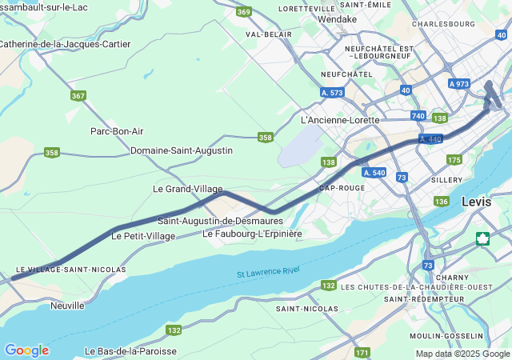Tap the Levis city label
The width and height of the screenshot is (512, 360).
[x=477, y=202]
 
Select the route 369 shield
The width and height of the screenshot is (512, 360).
[x=244, y=11]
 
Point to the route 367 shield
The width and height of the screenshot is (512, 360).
[x=78, y=96]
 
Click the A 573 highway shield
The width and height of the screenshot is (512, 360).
[x=331, y=93]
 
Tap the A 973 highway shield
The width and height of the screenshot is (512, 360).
[x=459, y=84]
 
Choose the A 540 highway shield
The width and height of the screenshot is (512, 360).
[x=374, y=172]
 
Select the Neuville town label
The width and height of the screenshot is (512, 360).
[x=67, y=306]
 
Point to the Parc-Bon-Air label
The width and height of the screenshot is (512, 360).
[x=117, y=131]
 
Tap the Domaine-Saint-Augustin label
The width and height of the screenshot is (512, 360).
[x=182, y=150]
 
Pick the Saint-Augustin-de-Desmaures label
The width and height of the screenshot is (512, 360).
[x=220, y=221]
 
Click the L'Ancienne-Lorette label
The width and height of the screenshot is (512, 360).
[x=340, y=120]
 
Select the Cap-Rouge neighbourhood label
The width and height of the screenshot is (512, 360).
[x=342, y=188]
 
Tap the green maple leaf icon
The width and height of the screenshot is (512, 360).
[x=483, y=238]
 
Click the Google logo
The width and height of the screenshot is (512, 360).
[x=26, y=350]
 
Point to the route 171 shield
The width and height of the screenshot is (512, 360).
[x=362, y=352]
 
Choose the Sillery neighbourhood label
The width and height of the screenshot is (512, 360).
[x=446, y=181]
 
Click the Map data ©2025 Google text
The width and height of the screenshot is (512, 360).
[x=462, y=354]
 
